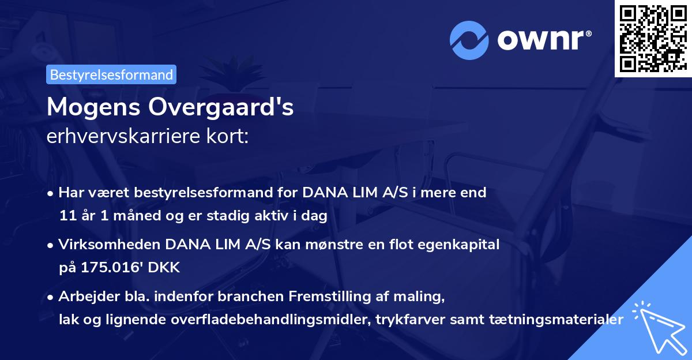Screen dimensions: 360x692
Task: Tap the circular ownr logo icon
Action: point(469,40)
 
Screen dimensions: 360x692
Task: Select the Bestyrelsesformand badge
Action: point(111,74)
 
